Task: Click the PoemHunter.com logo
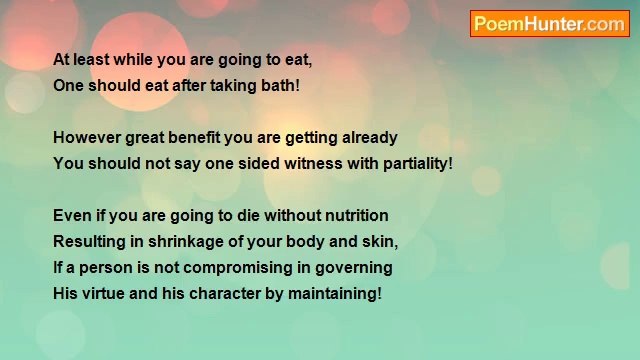tap(549, 24)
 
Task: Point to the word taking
tap(233, 86)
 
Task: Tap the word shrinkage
tap(183, 242)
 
